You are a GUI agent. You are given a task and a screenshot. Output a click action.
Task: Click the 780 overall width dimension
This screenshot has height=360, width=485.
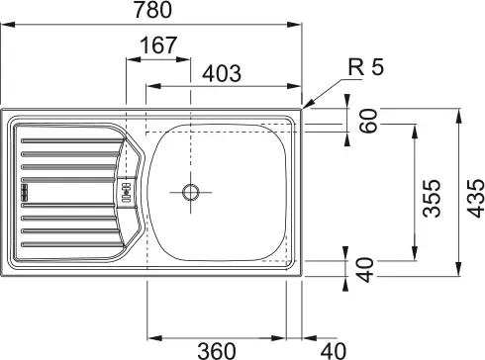152,10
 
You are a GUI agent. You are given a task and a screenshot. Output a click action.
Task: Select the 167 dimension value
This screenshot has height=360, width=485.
158,45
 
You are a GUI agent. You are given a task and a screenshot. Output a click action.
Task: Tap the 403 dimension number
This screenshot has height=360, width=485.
222,73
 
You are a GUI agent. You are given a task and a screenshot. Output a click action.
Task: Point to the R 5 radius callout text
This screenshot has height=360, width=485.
366,67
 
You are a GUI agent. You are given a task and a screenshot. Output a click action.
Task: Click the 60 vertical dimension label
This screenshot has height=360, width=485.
368,121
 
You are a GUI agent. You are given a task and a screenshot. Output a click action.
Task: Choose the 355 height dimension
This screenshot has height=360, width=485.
432,198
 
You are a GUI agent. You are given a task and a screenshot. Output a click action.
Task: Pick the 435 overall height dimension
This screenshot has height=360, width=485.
476,198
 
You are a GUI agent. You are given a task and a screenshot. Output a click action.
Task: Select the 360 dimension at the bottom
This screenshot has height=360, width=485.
217,351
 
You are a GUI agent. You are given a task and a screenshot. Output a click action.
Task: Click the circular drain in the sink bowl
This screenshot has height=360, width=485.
191,192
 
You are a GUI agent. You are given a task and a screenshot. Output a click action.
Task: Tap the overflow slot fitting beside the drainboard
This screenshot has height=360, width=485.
127,192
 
